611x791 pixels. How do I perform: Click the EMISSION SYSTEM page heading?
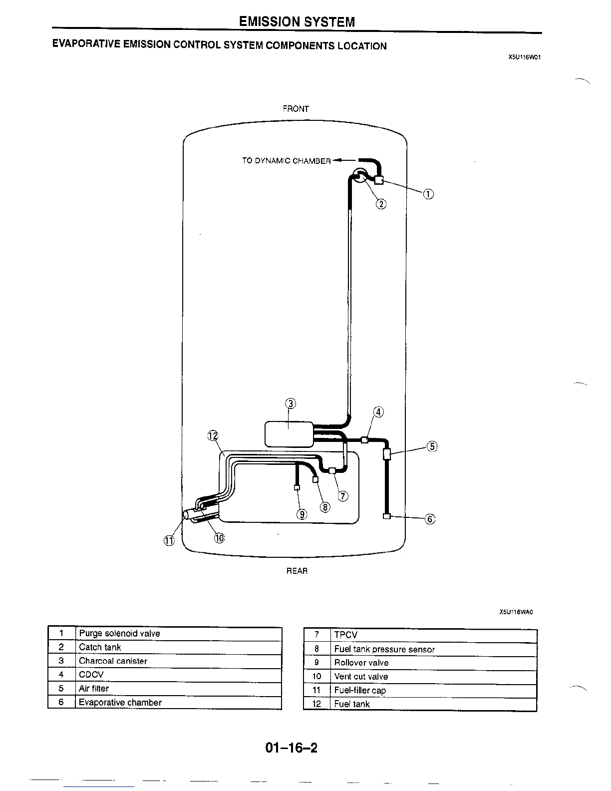pos(297,21)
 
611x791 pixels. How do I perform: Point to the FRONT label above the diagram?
pos(296,108)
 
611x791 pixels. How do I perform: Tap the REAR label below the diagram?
pos(297,571)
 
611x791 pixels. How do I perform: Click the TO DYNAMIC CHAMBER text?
pos(286,161)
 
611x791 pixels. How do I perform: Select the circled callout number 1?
pos(428,194)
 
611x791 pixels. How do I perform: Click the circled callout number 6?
pos(430,519)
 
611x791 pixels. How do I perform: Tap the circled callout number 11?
pos(169,540)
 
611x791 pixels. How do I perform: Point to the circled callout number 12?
pos(213,435)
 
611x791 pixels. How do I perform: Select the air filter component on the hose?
pos(387,454)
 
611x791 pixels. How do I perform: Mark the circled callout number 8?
pos(325,507)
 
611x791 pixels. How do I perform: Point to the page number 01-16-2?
pos(292,748)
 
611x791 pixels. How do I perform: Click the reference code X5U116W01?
pos(525,57)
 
